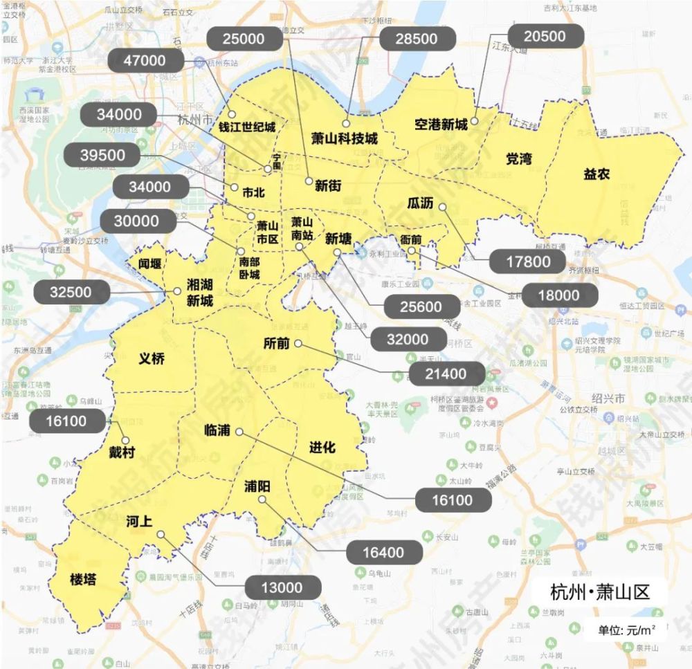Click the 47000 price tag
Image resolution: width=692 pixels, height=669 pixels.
pyautogui.click(x=145, y=61)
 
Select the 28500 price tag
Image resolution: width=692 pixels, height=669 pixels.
pyautogui.click(x=416, y=39)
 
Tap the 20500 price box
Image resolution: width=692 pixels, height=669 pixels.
pyautogui.click(x=545, y=37)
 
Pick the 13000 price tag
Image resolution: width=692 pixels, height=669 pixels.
pyautogui.click(x=283, y=587)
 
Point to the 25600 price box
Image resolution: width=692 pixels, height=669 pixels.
pyautogui.click(x=421, y=306)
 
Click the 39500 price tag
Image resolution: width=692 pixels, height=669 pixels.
pyautogui.click(x=102, y=156)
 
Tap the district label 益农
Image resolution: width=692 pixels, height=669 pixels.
pyautogui.click(x=597, y=175)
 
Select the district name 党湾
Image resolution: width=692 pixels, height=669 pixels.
pyautogui.click(x=518, y=158)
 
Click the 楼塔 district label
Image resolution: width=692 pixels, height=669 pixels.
pyautogui.click(x=83, y=579)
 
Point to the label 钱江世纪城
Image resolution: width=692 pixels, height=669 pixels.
pyautogui.click(x=247, y=127)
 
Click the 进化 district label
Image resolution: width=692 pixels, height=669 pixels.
pyautogui.click(x=322, y=448)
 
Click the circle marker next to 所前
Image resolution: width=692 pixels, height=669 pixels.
pyautogui.click(x=298, y=344)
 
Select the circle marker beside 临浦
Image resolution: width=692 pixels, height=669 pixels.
pyautogui.click(x=239, y=432)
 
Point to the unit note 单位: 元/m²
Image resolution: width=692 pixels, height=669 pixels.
pyautogui.click(x=627, y=630)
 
